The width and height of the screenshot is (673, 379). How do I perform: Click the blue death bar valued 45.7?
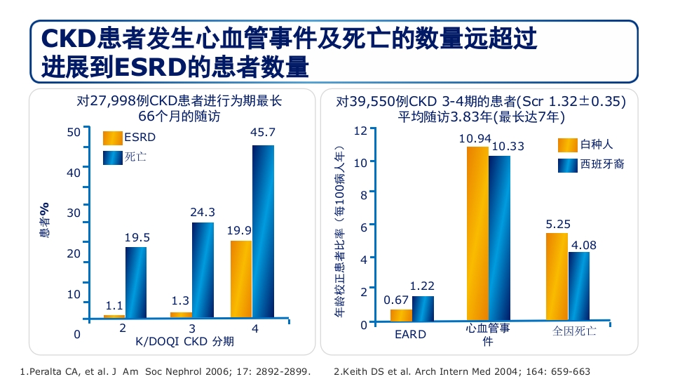[263, 232]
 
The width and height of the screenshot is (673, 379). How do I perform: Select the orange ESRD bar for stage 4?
[241, 279]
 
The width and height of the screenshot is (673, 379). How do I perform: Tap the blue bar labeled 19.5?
[136, 282]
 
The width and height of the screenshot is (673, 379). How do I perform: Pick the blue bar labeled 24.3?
[203, 270]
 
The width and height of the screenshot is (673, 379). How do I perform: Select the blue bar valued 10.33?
[500, 239]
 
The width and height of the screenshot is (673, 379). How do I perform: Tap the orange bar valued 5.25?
[557, 277]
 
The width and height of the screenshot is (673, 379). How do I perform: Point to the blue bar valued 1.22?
[423, 309]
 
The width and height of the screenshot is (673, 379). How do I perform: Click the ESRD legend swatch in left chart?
[113, 138]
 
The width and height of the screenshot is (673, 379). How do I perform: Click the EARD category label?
[410, 334]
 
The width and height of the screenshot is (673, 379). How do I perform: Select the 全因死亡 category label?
[574, 331]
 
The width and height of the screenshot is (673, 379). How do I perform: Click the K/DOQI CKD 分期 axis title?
[185, 342]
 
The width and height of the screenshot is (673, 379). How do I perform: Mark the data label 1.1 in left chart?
[114, 306]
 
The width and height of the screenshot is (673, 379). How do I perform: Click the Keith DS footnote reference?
[462, 371]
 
